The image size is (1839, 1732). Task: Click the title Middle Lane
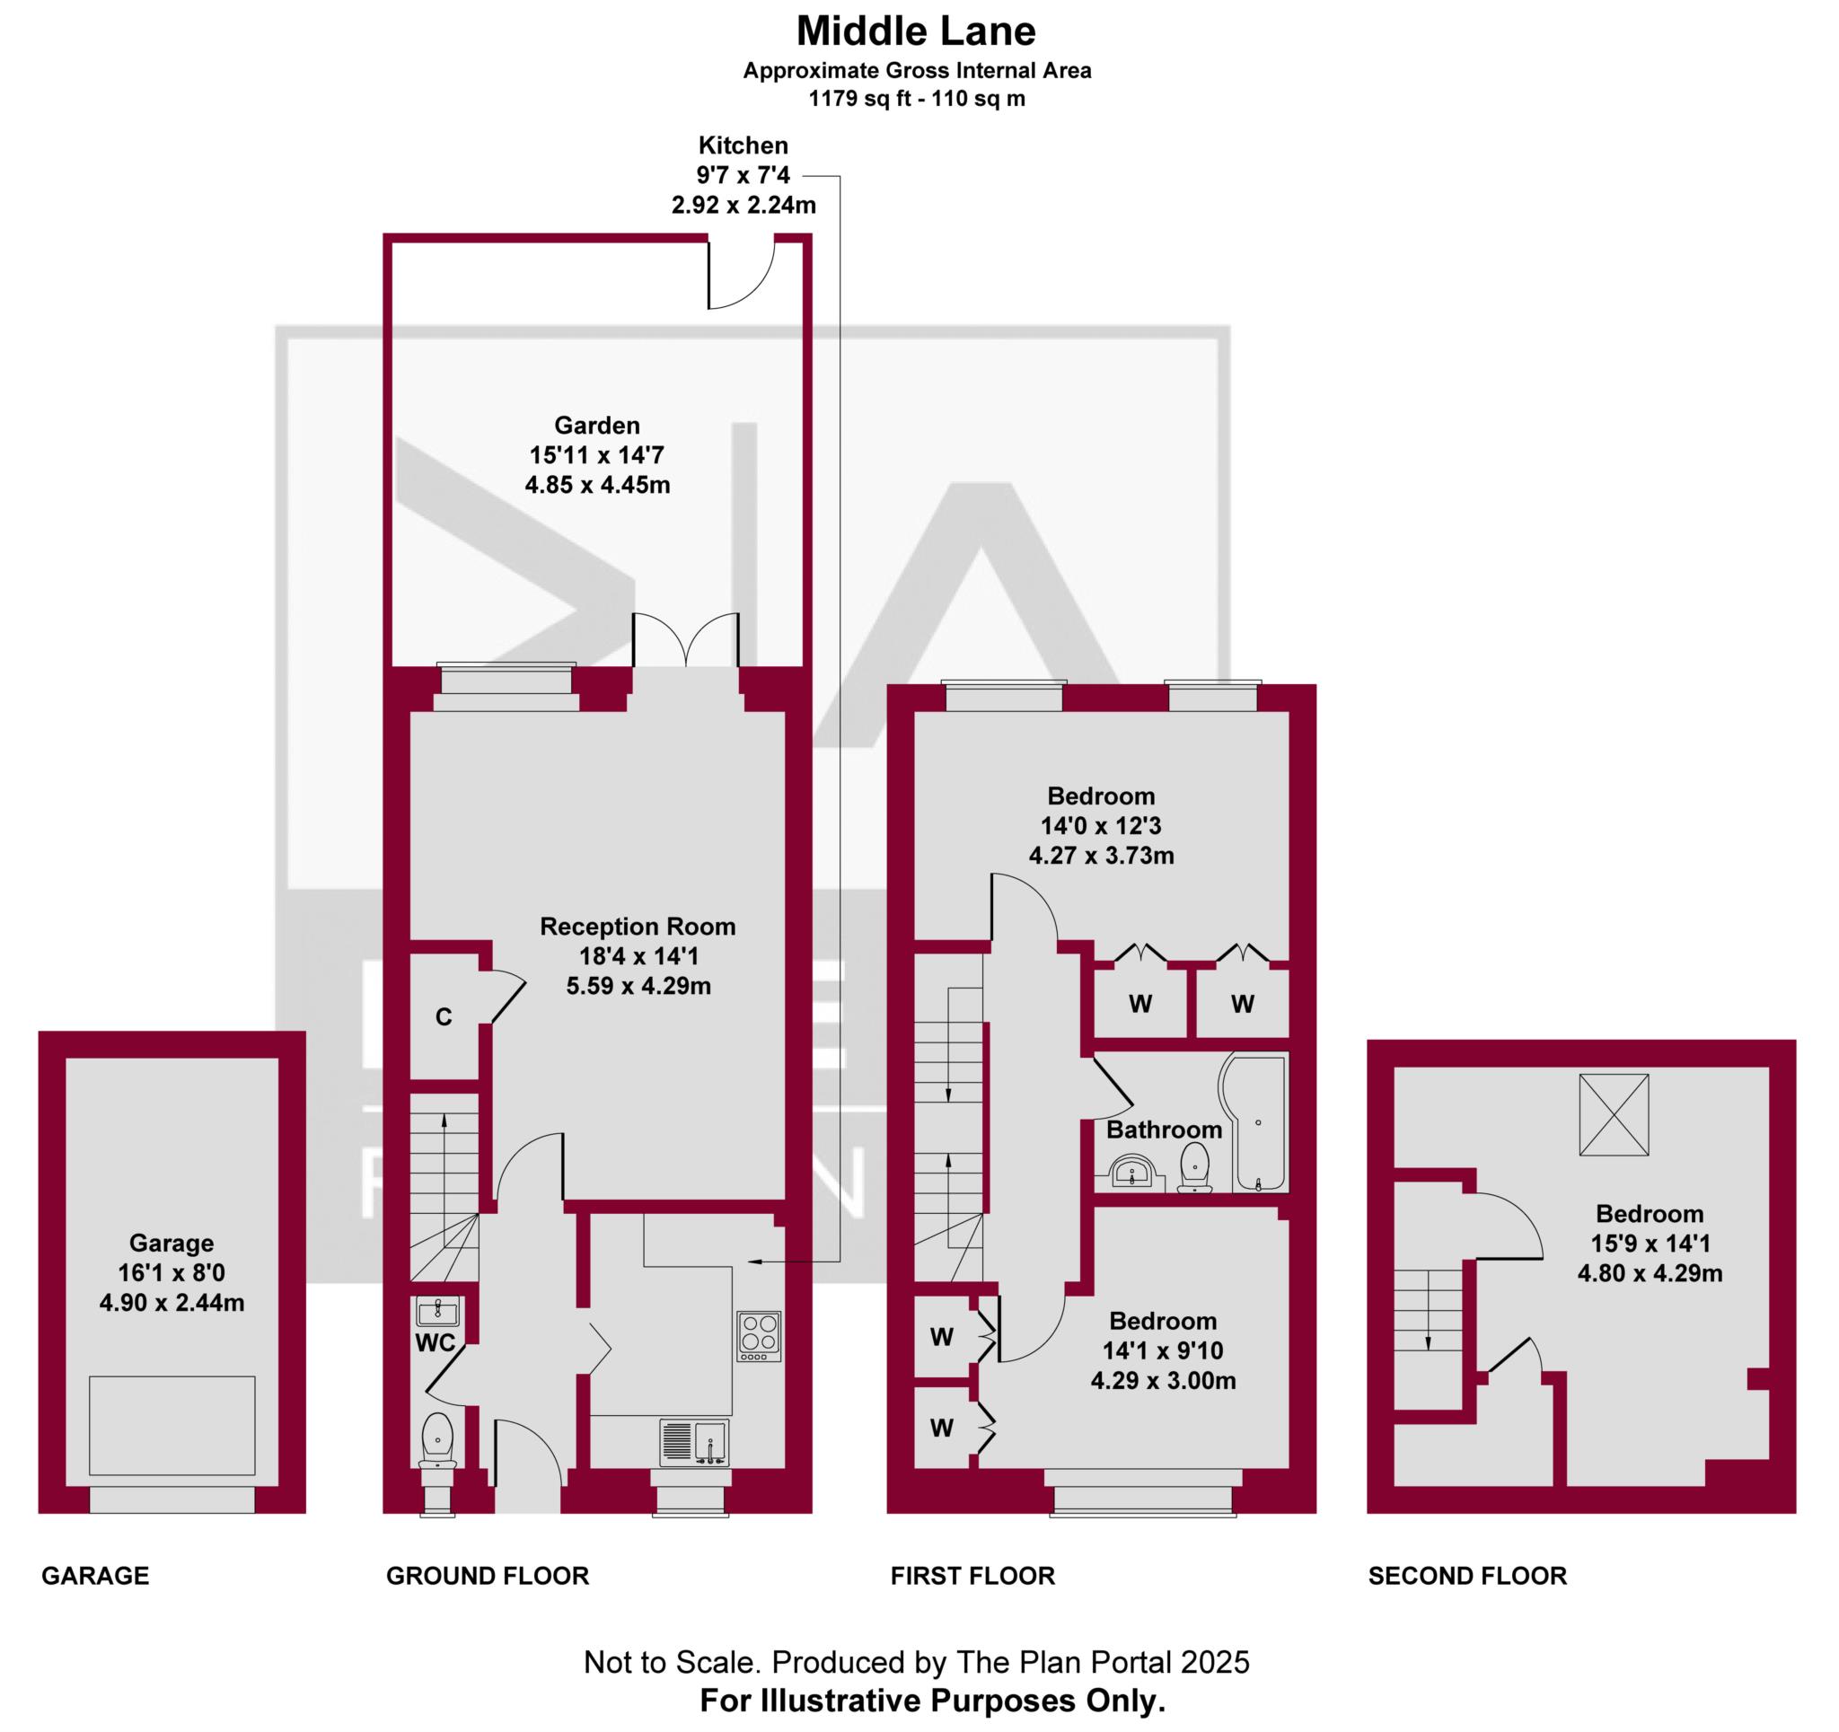coord(915,31)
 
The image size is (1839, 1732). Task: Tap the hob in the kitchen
coord(759,1336)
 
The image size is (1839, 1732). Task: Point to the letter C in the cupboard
coord(443,1016)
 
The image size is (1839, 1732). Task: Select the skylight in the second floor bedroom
coord(1614,1114)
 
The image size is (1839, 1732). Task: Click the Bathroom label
coord(1163,1130)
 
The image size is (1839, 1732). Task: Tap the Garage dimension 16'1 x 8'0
coord(172,1272)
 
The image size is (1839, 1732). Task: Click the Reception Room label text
coord(638,926)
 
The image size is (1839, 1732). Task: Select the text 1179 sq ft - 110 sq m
coord(916,99)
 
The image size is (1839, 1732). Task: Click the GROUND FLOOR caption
coord(487,1576)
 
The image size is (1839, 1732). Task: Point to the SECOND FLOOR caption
coord(1466,1576)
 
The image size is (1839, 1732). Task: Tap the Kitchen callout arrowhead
coord(753,1262)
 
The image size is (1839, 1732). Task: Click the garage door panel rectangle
coord(172,1426)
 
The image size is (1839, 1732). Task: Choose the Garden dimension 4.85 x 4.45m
coord(596,485)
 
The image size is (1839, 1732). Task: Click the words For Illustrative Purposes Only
coord(931,1701)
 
